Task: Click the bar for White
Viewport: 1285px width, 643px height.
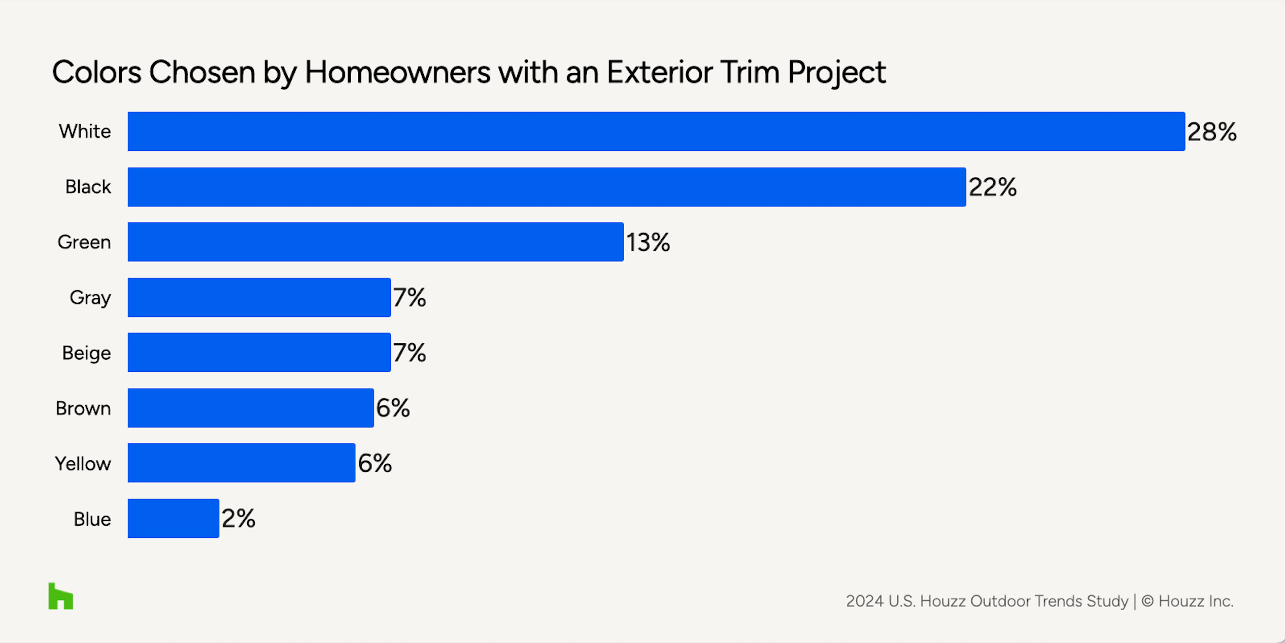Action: (x=656, y=132)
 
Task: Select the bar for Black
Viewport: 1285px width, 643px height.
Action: (x=547, y=187)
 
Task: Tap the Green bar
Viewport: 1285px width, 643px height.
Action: (x=376, y=242)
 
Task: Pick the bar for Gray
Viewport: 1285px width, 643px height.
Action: (x=259, y=297)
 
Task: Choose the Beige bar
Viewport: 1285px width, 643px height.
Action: (x=259, y=352)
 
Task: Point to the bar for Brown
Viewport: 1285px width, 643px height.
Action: (x=251, y=408)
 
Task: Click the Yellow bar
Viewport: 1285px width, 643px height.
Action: (x=242, y=463)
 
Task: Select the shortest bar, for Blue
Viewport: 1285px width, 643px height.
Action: (x=174, y=518)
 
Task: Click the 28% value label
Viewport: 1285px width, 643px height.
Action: (x=1212, y=132)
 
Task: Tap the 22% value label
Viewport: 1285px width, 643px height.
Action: (x=993, y=187)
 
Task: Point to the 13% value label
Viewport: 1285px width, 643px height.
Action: (x=648, y=242)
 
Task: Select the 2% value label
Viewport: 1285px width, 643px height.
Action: (x=239, y=519)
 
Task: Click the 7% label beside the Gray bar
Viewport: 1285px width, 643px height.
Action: (x=410, y=298)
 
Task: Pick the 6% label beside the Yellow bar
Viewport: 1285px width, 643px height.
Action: (x=375, y=463)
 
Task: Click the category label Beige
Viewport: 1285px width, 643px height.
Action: (x=86, y=353)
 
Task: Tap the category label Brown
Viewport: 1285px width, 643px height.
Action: (x=83, y=408)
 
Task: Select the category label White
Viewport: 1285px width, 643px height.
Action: (x=85, y=132)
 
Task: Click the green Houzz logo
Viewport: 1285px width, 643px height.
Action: (x=61, y=596)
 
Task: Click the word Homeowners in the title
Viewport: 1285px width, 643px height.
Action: (x=397, y=72)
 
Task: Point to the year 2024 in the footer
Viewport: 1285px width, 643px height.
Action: (x=865, y=601)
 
